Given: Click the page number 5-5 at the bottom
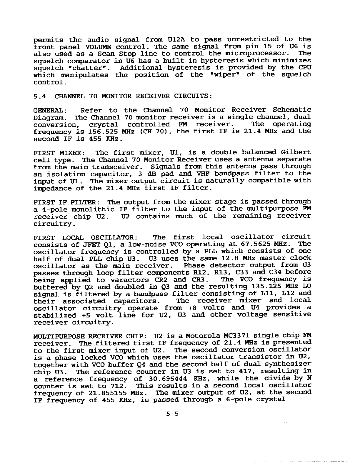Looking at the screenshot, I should [172, 414].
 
